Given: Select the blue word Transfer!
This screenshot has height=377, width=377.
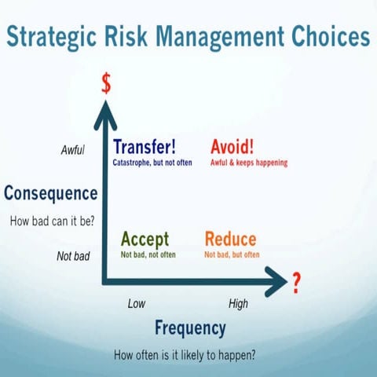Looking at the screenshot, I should point(144,147).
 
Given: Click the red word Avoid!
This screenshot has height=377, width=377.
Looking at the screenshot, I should point(232,147).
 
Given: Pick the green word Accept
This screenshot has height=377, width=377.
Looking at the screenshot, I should point(146,240).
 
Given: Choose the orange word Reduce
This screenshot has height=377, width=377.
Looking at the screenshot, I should point(230,240).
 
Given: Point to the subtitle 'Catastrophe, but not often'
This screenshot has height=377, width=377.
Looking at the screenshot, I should point(152,163).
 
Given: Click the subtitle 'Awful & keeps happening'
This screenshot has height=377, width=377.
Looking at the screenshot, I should point(249,163).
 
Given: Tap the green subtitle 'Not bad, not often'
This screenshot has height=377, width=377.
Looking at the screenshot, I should point(148,254).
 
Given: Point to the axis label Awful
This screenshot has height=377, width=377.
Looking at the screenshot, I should point(72,149).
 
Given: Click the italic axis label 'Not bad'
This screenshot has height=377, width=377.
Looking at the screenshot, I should point(73,255).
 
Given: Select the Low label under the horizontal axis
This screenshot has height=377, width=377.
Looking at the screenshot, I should point(137,303).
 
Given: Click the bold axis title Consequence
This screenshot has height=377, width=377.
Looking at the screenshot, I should point(51,193).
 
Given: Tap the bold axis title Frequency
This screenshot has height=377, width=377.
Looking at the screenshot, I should point(190,328).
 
